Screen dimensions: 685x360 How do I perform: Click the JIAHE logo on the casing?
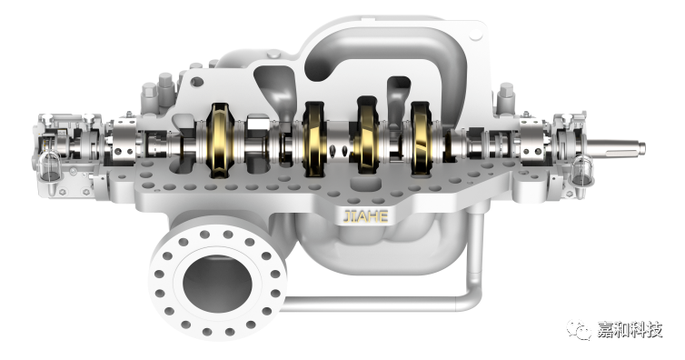[365, 216]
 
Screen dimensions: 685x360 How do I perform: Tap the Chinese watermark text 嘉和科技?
[630, 330]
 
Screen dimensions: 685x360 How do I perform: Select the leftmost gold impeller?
[220, 140]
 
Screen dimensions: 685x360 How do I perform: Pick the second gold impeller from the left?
[314, 139]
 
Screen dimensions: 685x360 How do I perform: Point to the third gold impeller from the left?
[367, 135]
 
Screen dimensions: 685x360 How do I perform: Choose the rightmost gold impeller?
[422, 138]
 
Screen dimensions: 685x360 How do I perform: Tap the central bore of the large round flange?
[217, 284]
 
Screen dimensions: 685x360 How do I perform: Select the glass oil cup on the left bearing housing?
[49, 166]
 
